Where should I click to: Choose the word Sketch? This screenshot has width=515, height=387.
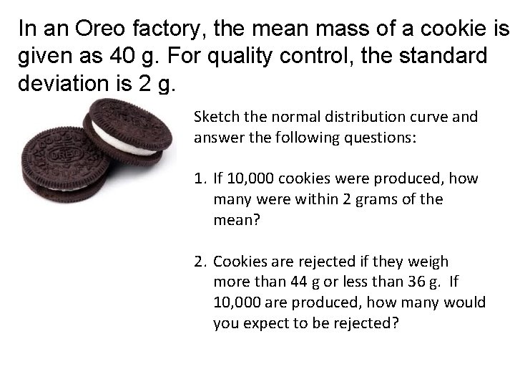pos(215,117)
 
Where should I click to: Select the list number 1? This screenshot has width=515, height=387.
pos(200,178)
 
